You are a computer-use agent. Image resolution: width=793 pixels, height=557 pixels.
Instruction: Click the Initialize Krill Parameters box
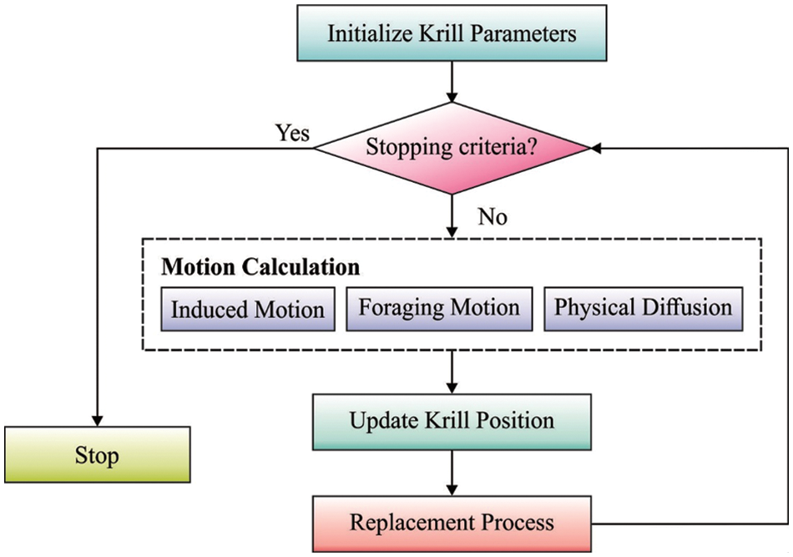(x=451, y=35)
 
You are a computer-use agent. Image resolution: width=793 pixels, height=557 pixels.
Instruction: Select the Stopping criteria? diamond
(x=451, y=149)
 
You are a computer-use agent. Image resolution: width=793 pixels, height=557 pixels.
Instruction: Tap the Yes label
(x=293, y=133)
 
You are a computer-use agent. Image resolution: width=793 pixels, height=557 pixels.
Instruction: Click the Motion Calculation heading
(x=260, y=267)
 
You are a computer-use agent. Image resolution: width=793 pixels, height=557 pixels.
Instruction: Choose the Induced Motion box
(x=247, y=309)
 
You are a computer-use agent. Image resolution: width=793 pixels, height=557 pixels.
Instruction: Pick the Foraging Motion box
(x=439, y=307)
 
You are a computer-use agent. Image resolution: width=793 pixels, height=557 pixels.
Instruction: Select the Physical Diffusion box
(x=643, y=307)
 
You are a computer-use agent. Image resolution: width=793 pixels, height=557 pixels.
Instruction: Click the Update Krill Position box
(x=451, y=420)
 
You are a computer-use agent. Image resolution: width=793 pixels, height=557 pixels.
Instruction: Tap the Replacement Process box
(x=451, y=524)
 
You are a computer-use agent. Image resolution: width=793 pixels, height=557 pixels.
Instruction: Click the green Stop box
(x=97, y=456)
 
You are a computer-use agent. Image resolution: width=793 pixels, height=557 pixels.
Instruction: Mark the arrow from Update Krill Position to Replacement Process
(x=451, y=472)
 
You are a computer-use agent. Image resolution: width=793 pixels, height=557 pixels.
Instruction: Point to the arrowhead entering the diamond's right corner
(x=597, y=149)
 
